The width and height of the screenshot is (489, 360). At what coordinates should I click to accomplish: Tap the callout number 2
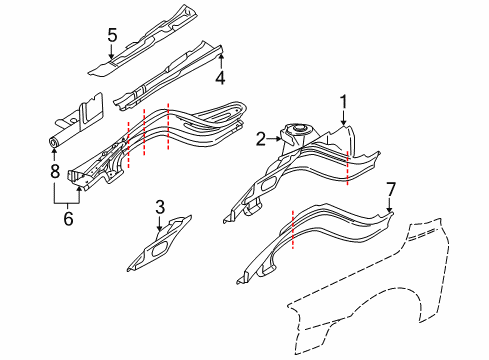[x=259, y=139]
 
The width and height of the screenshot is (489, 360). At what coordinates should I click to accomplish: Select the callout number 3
[x=160, y=207]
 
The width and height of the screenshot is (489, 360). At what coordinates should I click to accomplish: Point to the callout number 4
[x=220, y=76]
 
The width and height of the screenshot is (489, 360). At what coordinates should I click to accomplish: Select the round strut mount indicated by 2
[x=295, y=130]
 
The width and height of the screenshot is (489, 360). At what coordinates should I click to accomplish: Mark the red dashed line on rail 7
[x=291, y=229]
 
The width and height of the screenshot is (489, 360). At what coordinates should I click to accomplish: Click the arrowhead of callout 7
[x=391, y=210]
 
